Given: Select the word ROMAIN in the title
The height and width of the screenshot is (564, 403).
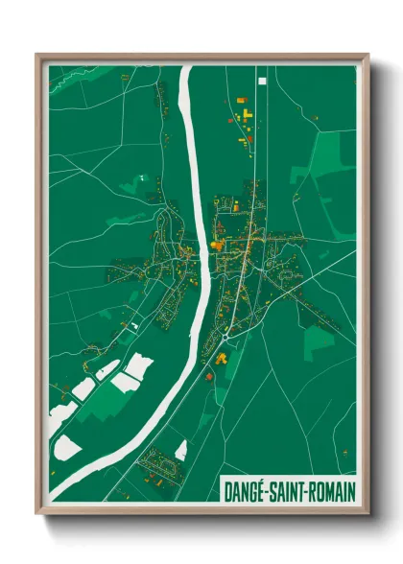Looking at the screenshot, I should pyautogui.click(x=332, y=490).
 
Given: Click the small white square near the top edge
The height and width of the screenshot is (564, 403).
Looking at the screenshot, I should pyautogui.click(x=261, y=81).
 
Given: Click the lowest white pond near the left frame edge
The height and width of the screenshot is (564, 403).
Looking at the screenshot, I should pyautogui.click(x=67, y=447).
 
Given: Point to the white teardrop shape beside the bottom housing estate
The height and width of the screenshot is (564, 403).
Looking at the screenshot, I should pyautogui.click(x=181, y=450).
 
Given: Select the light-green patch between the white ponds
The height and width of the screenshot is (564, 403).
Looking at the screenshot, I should pyautogui.click(x=99, y=403).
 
